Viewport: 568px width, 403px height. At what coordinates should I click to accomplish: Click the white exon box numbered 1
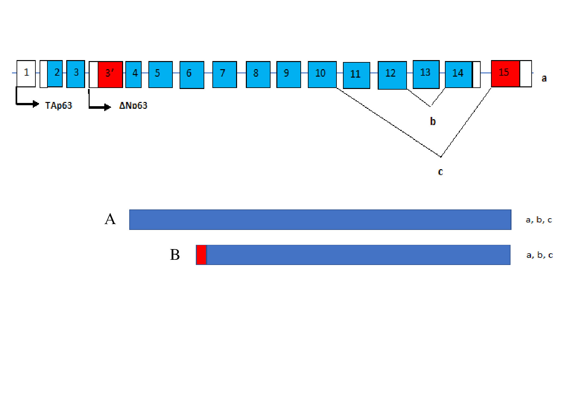[26, 73]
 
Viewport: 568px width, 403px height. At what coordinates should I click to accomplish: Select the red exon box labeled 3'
[110, 74]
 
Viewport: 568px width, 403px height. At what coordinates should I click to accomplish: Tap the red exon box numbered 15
[505, 74]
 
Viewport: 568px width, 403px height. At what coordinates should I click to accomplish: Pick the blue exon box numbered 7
[225, 74]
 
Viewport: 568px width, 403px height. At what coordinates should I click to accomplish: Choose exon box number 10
[322, 74]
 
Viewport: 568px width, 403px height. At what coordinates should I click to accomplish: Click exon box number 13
[426, 74]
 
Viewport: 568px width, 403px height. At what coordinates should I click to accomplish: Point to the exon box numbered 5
[160, 74]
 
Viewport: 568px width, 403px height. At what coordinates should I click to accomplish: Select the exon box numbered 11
[357, 75]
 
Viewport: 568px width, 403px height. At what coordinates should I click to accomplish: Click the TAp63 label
[58, 106]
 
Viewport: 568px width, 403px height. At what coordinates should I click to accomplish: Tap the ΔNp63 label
[133, 106]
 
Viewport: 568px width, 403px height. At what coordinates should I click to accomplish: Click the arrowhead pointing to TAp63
[36, 104]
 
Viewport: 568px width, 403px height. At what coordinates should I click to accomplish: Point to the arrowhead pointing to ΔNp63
[108, 107]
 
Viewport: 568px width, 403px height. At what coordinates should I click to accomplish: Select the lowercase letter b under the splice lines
[433, 121]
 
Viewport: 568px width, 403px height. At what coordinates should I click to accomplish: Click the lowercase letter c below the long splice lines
[440, 172]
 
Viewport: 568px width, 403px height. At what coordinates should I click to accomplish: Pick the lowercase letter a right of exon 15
[544, 79]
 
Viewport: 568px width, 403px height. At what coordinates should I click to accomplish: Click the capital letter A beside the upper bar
[110, 219]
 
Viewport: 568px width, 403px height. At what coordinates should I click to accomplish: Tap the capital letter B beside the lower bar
[175, 255]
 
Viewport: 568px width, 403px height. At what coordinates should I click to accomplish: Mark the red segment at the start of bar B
[201, 255]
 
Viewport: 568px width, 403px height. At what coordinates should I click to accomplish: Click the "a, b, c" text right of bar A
[539, 220]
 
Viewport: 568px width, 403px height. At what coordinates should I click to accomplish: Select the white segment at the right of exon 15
[526, 74]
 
